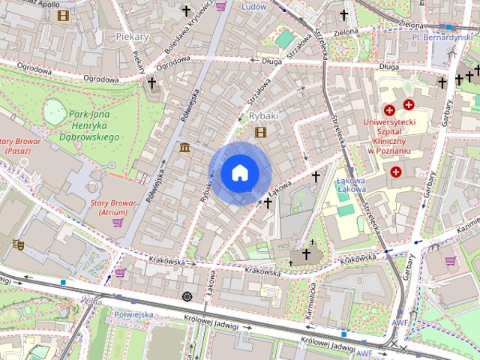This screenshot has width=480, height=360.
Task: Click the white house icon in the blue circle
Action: pos(239,173)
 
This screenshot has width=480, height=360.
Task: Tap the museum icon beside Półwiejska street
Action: pos(184,147)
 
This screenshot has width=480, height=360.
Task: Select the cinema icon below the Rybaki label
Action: pos(260,133)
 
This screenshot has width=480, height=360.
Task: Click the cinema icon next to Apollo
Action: pos(63,14)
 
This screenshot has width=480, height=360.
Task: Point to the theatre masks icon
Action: pos(17,244)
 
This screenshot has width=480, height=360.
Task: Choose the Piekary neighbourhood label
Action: pos(133,36)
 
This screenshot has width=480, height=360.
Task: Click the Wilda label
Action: pos(91,301)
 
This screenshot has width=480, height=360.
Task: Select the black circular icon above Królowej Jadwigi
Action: pos(187,297)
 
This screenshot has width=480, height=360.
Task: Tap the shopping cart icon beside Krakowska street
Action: pos(120,273)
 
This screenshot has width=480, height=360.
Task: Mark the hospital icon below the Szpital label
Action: pos(395,172)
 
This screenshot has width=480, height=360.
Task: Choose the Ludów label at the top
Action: pos(254,6)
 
